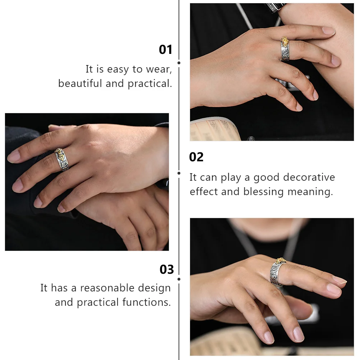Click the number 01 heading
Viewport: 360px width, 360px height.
[x=166, y=50]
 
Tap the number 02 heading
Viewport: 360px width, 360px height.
[x=196, y=157]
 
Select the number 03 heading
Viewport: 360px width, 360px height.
[x=166, y=269]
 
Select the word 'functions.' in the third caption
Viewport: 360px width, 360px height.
[x=146, y=302]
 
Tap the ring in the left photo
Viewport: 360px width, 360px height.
[x=61, y=158]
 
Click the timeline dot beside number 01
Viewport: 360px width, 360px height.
[x=179, y=63]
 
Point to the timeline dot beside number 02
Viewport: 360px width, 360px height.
[x=179, y=173]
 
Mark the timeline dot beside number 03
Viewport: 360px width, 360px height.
[x=179, y=279]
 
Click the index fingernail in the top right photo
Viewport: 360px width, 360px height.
[x=328, y=31]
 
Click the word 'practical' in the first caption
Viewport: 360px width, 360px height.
[x=150, y=83]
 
